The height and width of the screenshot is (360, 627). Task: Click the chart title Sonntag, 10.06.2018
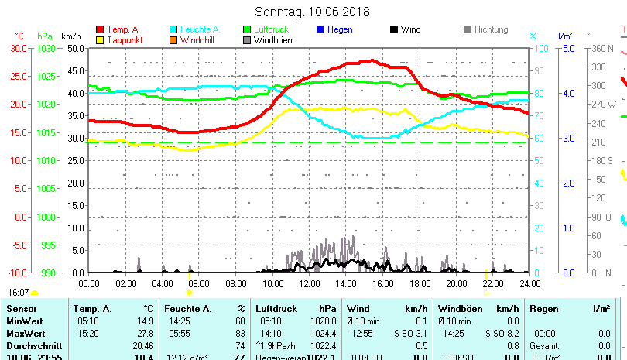[312, 12]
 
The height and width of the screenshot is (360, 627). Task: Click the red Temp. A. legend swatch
[100, 29]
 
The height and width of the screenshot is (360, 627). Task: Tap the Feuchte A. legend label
[198, 29]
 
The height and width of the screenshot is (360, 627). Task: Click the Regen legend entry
[340, 29]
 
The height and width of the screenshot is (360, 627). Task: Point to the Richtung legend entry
[491, 29]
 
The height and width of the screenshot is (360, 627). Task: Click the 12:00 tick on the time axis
[310, 284]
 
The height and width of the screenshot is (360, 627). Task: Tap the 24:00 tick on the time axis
[529, 284]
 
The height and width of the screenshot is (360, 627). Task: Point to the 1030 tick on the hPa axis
[46, 48]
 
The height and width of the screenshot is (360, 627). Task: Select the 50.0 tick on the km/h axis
[75, 48]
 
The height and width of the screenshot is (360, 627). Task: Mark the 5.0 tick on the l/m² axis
[567, 48]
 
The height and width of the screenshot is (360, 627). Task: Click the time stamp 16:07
[19, 293]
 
